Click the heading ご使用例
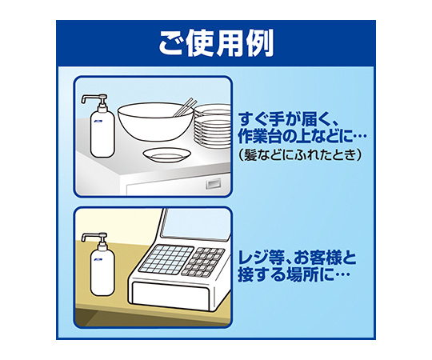216,43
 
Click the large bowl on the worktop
155,122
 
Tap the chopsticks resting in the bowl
185,107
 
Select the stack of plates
213,126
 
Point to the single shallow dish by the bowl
166,155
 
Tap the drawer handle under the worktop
214,184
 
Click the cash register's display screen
196,224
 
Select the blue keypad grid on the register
166,259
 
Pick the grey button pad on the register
202,262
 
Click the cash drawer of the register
171,295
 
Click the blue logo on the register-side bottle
98,259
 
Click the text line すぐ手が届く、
286,119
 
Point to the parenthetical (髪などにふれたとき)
299,155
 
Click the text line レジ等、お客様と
298,258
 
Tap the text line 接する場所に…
294,274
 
